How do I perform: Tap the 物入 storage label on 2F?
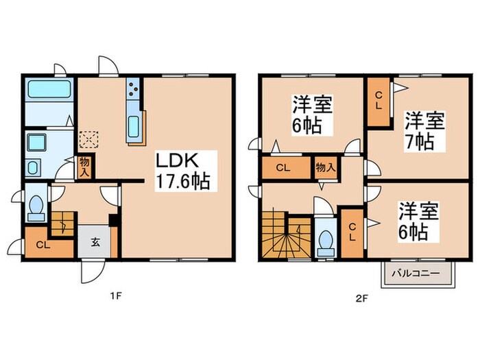[324, 167]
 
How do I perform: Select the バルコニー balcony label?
[417, 274]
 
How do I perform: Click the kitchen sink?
[134, 125]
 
